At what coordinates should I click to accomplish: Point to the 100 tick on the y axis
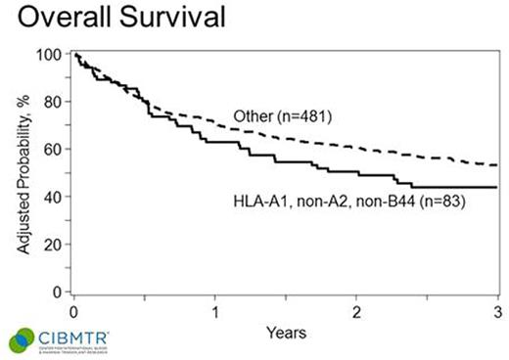49,55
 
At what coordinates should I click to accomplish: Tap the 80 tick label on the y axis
53,102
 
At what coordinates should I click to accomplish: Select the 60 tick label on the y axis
53,150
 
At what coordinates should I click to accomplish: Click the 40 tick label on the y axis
53,197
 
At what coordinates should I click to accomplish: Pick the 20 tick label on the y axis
53,244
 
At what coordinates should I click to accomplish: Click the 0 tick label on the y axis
57,292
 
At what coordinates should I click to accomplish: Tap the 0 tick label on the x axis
74,310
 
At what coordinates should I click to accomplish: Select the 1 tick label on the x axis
215,310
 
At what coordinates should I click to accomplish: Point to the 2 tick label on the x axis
356,310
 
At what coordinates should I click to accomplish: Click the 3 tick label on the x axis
496,310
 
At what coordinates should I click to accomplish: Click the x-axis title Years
285,333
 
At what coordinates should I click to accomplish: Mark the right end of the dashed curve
497,165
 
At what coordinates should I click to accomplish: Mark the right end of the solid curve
497,187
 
